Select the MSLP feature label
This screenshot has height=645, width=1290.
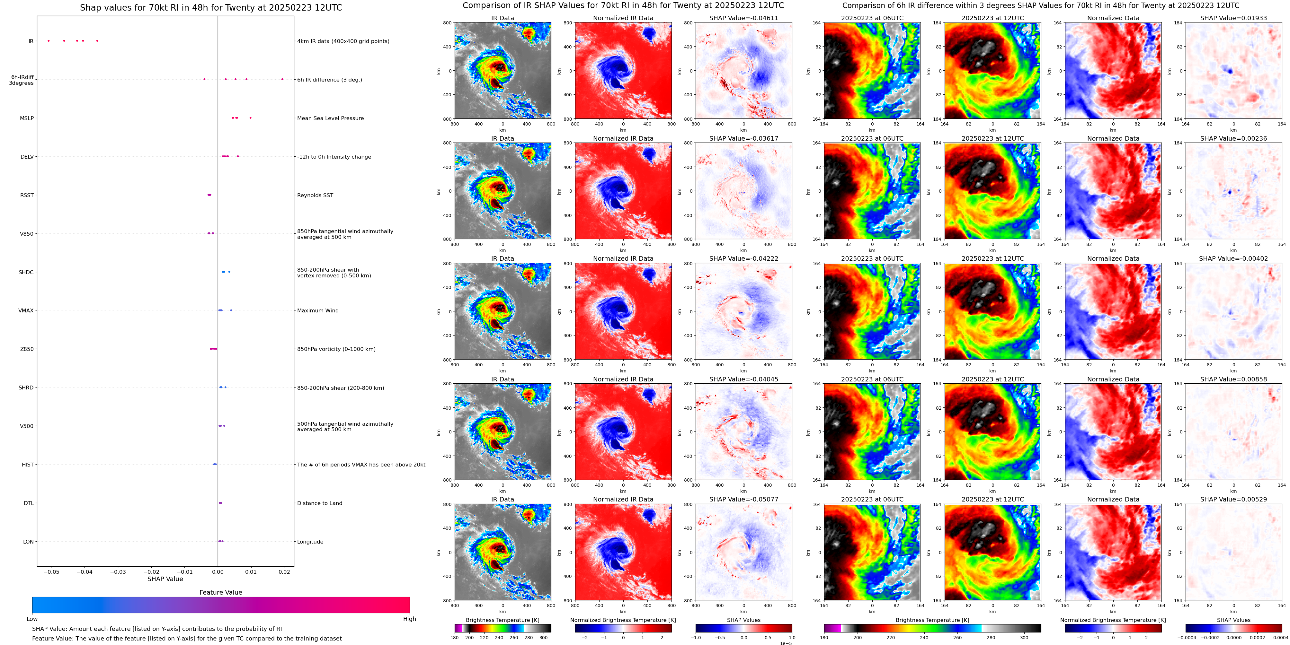tap(27, 118)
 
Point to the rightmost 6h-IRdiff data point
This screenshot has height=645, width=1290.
tap(282, 79)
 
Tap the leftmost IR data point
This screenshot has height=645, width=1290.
tap(49, 40)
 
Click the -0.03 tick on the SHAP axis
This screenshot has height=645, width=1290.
tap(118, 572)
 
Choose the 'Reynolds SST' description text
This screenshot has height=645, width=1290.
tap(315, 195)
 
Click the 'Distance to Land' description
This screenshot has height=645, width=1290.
tap(319, 503)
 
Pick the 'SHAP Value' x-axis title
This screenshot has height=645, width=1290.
tap(165, 579)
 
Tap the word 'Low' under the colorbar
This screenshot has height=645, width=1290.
tap(32, 619)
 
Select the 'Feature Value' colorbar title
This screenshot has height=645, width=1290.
tap(220, 592)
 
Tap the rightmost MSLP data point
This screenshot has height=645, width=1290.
tap(250, 118)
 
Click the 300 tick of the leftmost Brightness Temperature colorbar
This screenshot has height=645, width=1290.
tap(543, 638)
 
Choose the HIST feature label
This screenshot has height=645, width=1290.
tap(28, 464)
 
